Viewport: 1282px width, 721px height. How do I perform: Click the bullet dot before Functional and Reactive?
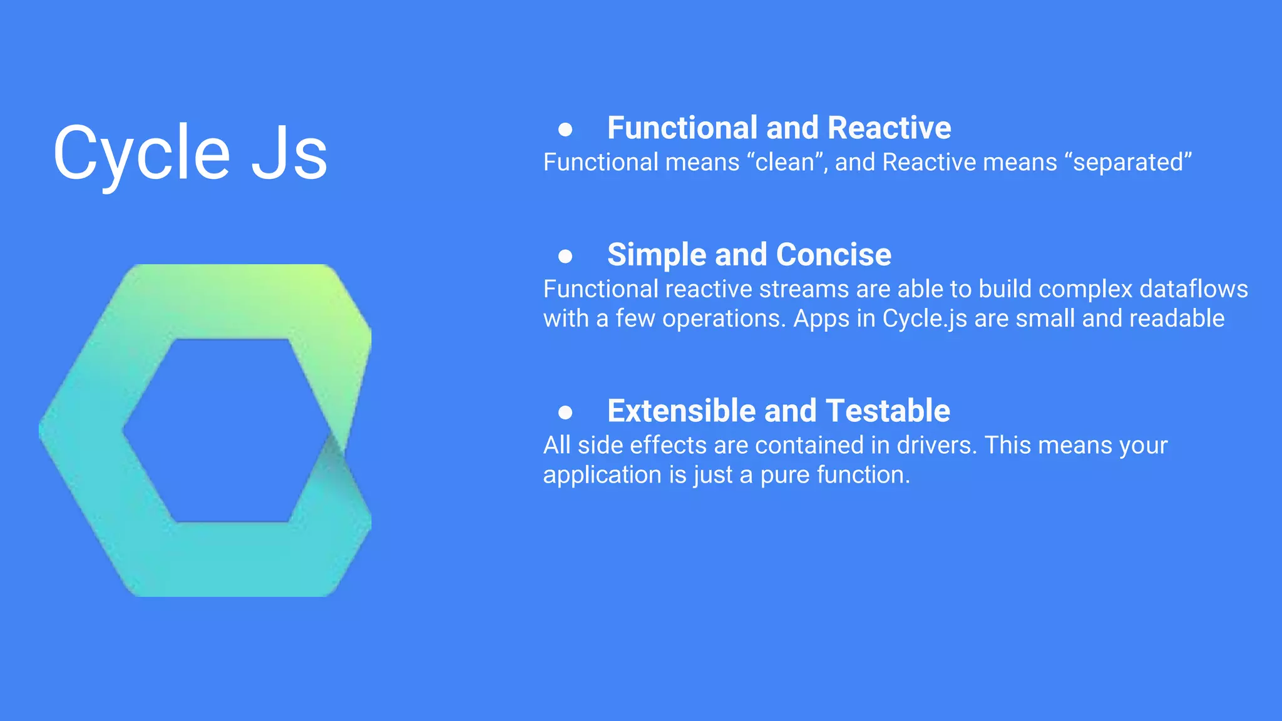565,130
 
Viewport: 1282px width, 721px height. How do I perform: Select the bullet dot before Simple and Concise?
565,256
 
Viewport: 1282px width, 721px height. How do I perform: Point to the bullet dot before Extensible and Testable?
565,412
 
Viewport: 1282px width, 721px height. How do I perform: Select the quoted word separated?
1132,163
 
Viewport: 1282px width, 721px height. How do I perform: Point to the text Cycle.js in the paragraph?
925,319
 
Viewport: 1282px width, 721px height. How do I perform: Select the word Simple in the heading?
657,255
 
